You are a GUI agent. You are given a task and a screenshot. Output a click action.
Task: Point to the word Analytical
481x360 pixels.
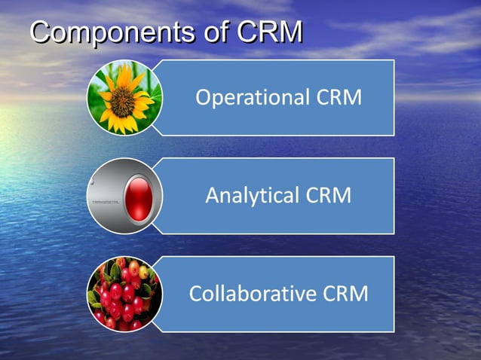tap(253, 196)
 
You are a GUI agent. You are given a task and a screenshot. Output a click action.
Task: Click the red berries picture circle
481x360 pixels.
tap(124, 294)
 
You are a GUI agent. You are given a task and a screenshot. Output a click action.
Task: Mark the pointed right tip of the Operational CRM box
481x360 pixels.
tap(394, 98)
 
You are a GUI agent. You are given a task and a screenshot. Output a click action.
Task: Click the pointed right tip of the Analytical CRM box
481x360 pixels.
tap(394, 196)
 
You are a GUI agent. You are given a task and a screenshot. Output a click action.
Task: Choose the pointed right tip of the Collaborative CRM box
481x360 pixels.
tap(394, 294)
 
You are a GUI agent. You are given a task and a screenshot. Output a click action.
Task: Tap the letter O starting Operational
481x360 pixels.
tap(203, 98)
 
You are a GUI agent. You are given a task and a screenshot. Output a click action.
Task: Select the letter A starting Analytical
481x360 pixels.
tap(213, 196)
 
